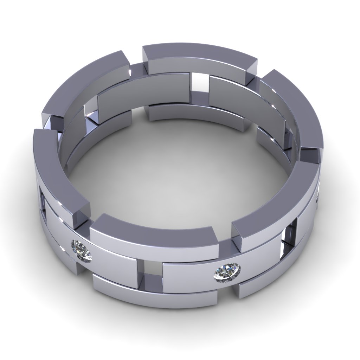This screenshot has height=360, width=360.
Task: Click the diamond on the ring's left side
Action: (x=82, y=250)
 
